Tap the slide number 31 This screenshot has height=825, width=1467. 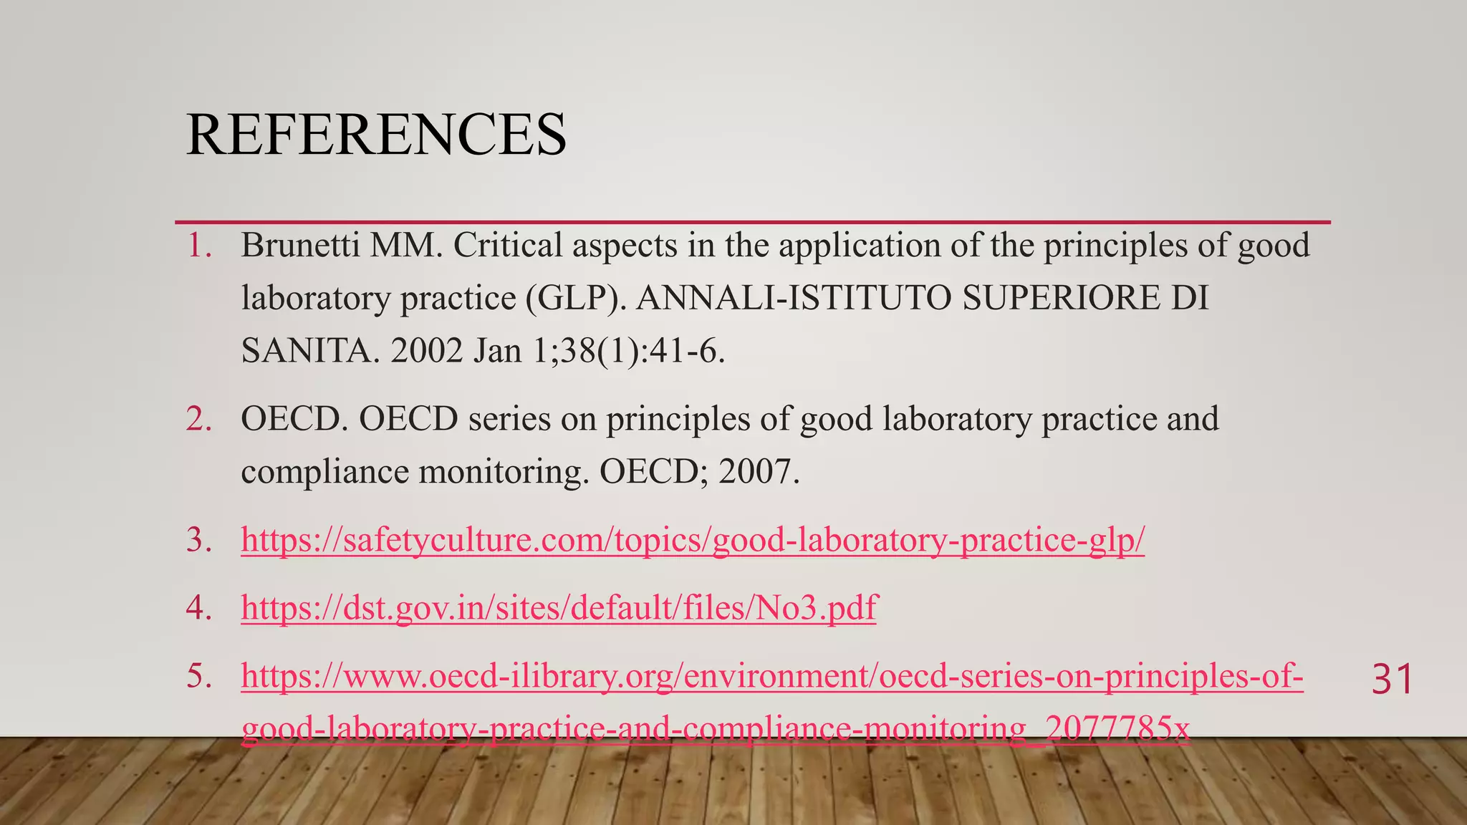1392,680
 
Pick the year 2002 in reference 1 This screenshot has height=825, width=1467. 426,351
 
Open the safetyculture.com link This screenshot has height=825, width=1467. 693,540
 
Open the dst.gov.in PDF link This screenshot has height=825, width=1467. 559,608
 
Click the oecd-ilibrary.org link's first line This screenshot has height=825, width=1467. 771,676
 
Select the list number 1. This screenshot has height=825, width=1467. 199,246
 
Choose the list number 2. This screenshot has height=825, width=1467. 199,419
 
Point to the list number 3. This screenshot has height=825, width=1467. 199,540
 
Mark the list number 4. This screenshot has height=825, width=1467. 199,608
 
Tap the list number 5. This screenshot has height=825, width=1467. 199,676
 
